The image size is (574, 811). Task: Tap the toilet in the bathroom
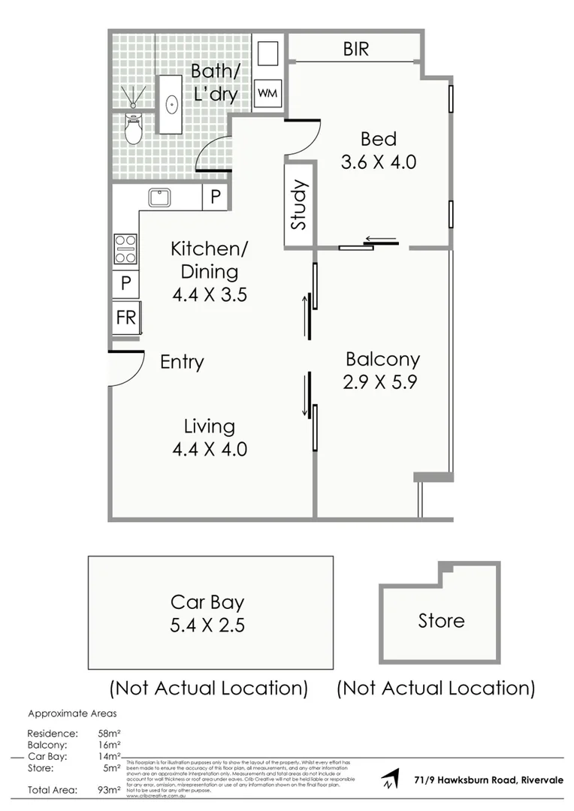tap(133, 129)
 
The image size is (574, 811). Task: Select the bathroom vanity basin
tap(171, 104)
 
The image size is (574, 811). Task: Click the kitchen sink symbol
tap(159, 197)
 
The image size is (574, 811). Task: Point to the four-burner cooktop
tap(125, 249)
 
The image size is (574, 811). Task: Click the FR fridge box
tap(125, 318)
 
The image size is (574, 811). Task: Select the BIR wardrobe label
tap(356, 50)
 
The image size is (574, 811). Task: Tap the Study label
tap(299, 205)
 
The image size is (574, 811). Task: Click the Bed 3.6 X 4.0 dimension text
tap(378, 161)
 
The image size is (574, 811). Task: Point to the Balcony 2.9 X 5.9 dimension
tap(380, 381)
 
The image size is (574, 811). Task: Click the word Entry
tap(182, 363)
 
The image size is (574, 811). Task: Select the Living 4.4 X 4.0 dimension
tap(210, 449)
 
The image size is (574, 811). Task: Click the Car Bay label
tap(207, 602)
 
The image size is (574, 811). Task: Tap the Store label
tap(441, 621)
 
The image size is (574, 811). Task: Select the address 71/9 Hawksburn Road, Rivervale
tap(488, 780)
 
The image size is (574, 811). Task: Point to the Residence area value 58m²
tap(106, 733)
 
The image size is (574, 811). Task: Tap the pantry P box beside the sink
tap(215, 197)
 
